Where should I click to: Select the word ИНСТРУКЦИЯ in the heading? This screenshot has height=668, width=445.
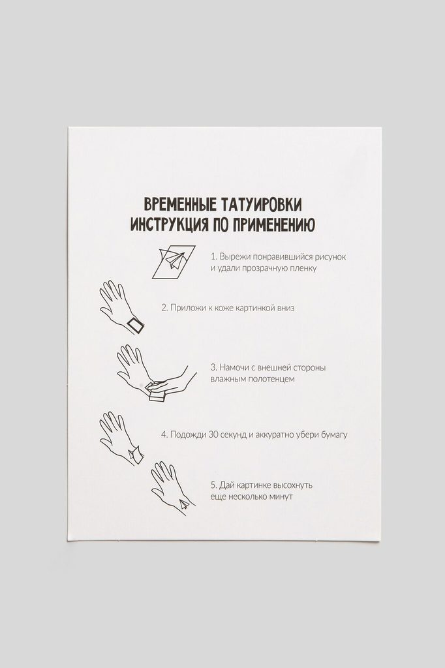169,224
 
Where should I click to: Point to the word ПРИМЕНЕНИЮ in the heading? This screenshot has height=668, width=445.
274,224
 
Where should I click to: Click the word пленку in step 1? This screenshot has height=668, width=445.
303,268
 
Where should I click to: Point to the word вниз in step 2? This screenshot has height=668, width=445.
284,308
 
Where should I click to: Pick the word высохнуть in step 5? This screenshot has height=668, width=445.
292,485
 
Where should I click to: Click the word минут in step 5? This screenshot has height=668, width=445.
280,496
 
